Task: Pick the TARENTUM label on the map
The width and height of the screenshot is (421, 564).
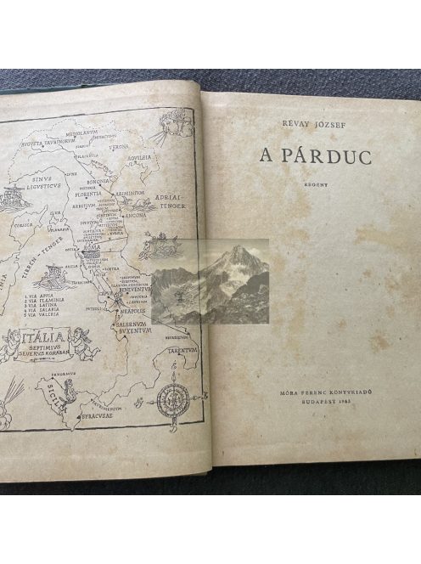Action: click(x=182, y=347)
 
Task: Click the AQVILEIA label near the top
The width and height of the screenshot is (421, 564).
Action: click(x=151, y=158)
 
